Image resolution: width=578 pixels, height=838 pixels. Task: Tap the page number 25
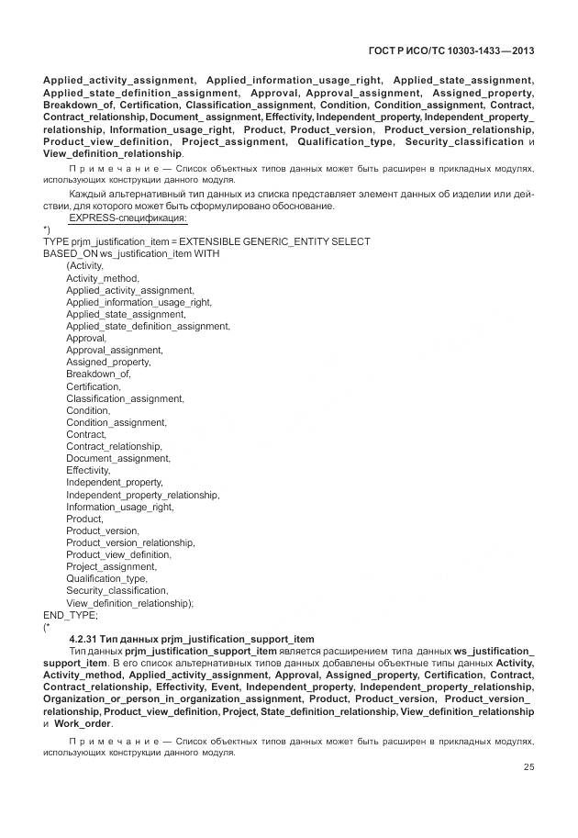click(x=528, y=768)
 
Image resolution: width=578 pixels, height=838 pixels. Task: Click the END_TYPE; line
click(x=63, y=615)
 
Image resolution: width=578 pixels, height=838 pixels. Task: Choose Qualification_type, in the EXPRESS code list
click(x=106, y=579)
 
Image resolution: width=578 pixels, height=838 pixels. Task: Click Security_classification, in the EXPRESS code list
click(x=117, y=591)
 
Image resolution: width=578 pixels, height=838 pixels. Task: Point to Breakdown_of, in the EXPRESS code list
click(x=98, y=374)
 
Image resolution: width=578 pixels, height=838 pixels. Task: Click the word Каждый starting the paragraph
click(x=87, y=195)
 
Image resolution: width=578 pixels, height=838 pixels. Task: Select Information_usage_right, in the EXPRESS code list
click(x=119, y=507)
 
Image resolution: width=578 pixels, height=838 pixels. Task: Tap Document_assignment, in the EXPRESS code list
click(x=117, y=458)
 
